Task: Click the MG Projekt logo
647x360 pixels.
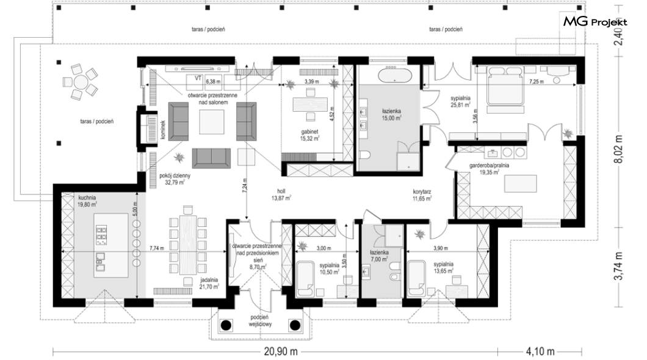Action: click(595, 22)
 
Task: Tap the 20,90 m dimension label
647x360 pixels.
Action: click(280, 351)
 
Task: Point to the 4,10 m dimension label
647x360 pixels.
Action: click(540, 351)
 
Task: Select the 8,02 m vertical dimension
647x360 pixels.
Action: click(618, 149)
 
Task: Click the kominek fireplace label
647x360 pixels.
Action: click(163, 129)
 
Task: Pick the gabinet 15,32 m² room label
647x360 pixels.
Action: click(310, 135)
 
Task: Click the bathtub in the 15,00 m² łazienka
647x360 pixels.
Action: click(394, 75)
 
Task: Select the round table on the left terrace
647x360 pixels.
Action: click(81, 82)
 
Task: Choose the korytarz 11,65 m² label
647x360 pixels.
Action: click(422, 195)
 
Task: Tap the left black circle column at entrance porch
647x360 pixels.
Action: click(226, 325)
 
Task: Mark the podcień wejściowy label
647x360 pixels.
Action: click(259, 321)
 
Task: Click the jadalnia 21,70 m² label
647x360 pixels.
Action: click(209, 283)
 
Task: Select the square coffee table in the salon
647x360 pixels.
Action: click(212, 122)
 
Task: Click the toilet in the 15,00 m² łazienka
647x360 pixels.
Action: click(365, 155)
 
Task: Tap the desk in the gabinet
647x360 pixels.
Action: click(310, 104)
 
